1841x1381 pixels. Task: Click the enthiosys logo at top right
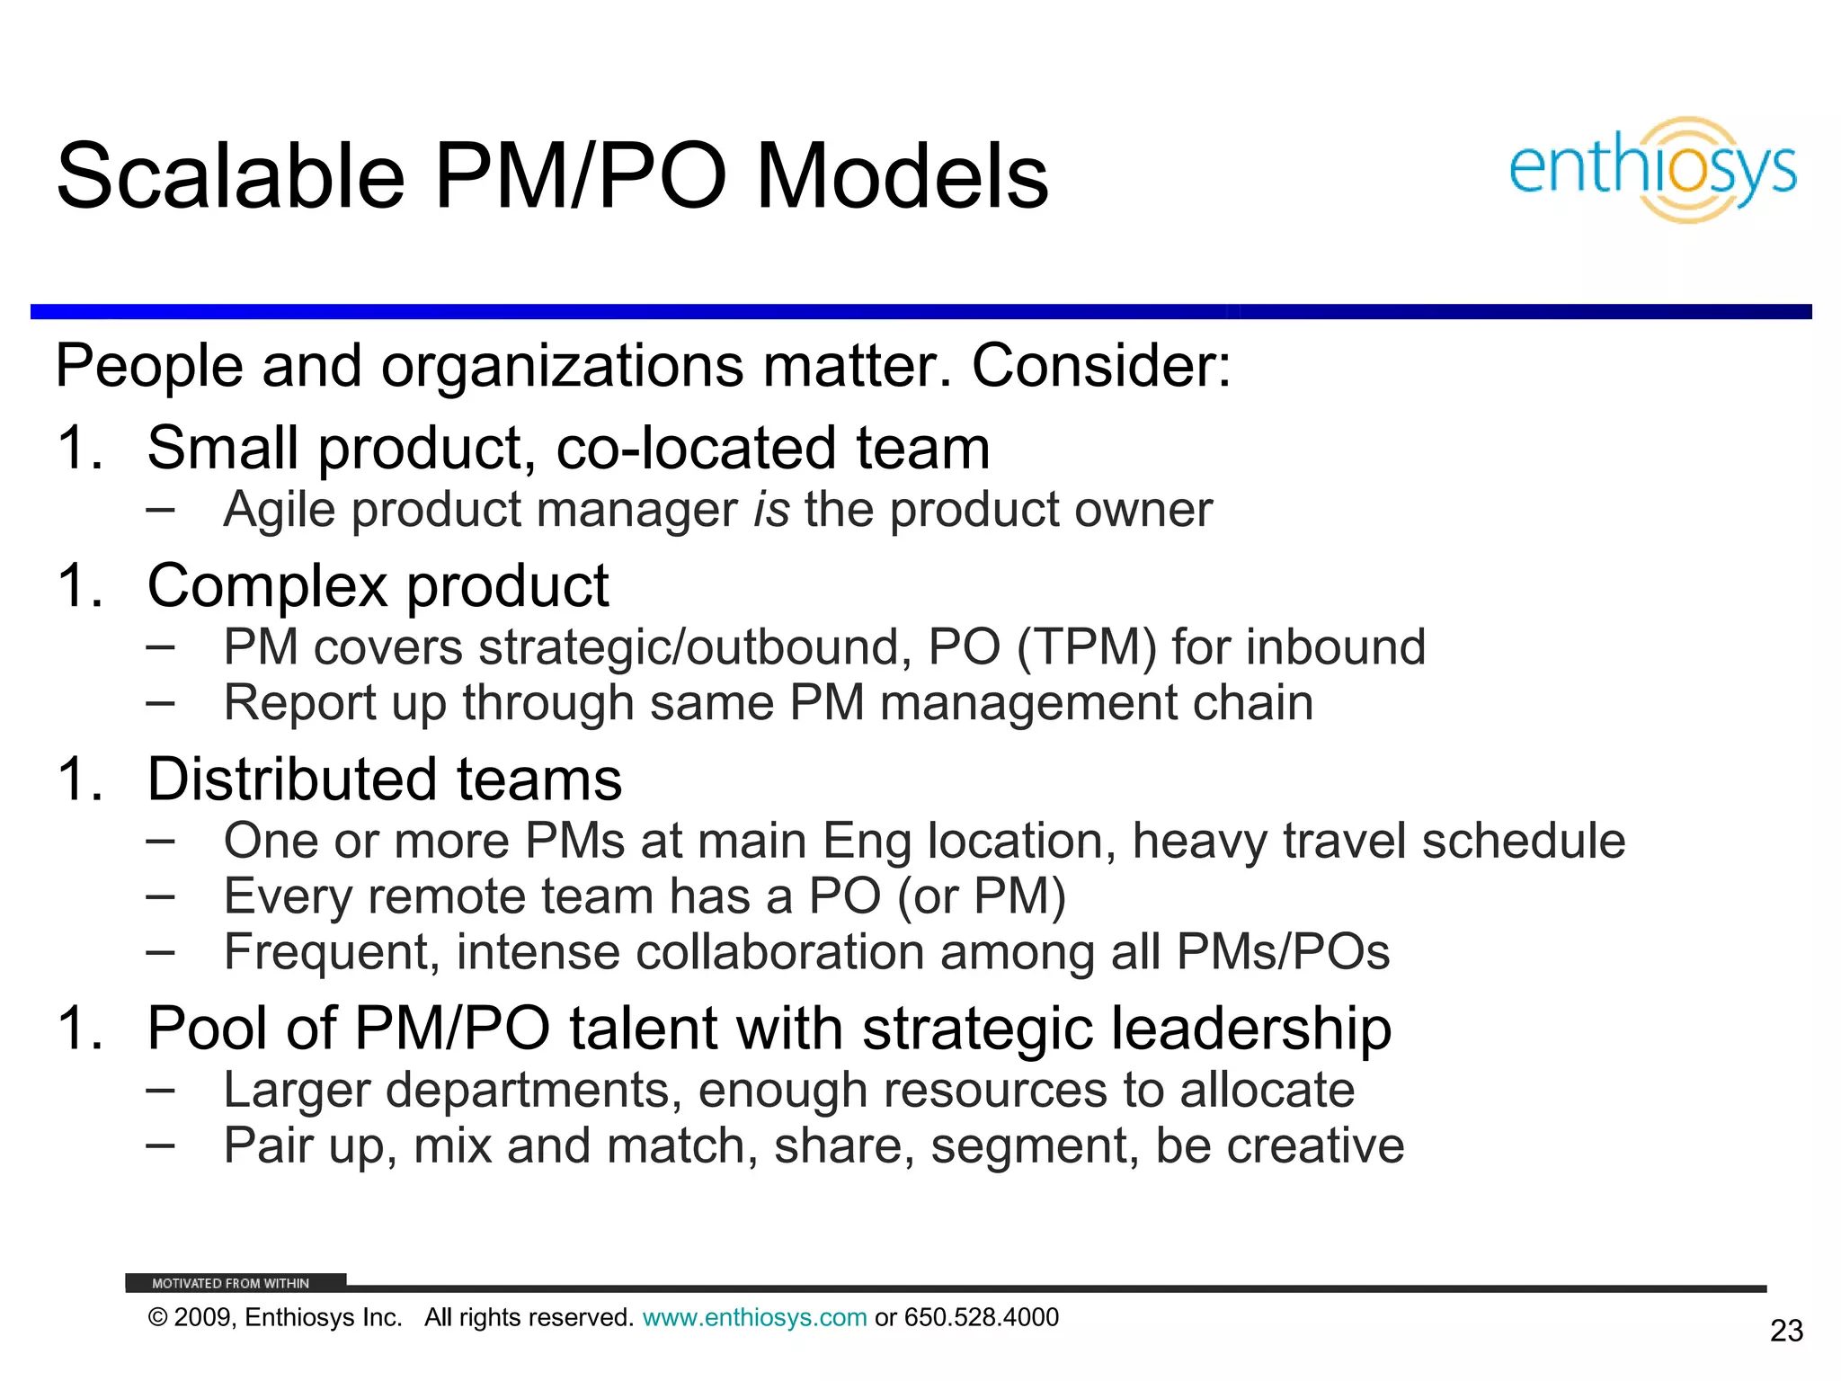point(1652,170)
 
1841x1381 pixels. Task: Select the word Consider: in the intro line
point(1101,366)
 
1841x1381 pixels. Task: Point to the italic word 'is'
point(771,510)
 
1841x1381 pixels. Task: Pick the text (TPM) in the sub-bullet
point(1086,647)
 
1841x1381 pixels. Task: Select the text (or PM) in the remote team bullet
point(981,896)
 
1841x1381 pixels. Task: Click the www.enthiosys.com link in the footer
point(754,1318)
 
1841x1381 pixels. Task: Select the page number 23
point(1786,1331)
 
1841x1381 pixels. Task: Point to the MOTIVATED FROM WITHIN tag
point(231,1283)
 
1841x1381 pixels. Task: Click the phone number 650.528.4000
point(981,1318)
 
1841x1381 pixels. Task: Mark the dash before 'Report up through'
point(160,702)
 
